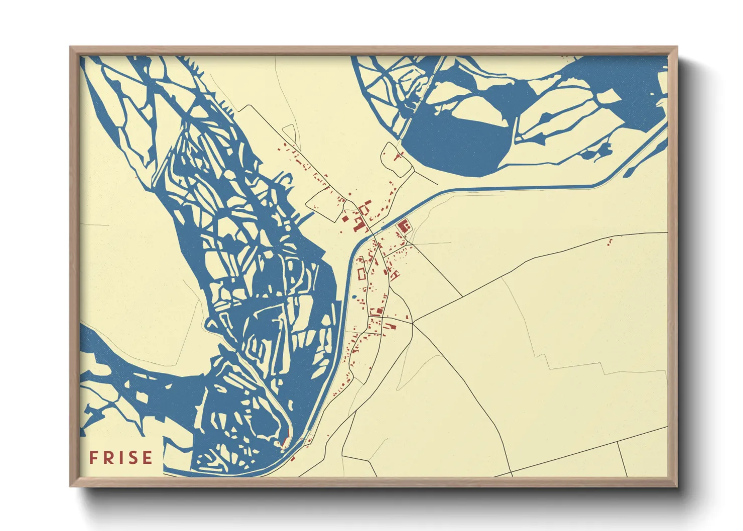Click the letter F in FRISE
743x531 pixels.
[94, 458]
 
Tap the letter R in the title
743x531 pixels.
[108, 458]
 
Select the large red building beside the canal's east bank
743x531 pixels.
[403, 226]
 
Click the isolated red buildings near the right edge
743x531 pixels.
[610, 242]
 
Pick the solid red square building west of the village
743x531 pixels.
[345, 218]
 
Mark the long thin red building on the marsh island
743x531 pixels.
[286, 440]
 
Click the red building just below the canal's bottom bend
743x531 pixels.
[293, 458]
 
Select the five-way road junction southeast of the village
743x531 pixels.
[412, 323]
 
